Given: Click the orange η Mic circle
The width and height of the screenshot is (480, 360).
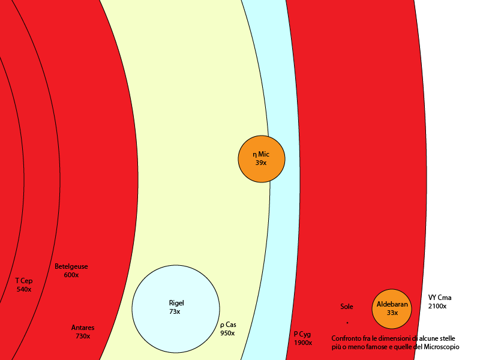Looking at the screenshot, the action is click(262, 159).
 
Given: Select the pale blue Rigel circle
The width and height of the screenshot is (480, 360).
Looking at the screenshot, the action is click(176, 309).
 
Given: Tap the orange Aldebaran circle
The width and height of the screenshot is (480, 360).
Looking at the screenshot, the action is click(392, 309).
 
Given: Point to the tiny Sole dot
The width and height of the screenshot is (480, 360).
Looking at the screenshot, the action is click(347, 323).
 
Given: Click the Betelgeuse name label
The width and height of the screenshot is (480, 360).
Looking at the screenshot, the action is click(71, 266).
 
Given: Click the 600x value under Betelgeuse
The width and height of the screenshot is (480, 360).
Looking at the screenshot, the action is click(71, 275).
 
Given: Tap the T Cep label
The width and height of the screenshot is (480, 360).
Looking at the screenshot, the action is click(24, 281).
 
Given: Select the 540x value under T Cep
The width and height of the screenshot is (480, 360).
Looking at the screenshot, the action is click(24, 289).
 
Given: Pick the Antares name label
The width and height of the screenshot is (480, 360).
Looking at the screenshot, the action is click(83, 328).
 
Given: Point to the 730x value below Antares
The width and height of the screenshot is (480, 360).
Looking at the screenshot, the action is click(83, 336).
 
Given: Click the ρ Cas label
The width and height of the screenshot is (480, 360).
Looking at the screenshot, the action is click(228, 325).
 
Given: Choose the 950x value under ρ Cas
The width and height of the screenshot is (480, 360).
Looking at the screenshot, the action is click(227, 333).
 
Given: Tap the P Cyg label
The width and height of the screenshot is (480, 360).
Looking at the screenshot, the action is click(302, 334).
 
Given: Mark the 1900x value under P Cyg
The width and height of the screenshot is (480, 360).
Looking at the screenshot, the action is click(303, 343).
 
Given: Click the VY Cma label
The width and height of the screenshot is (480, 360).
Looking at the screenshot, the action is click(440, 298).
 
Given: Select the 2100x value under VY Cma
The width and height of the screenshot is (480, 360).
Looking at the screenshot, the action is click(437, 306).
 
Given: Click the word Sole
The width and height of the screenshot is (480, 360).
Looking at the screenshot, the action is click(347, 307).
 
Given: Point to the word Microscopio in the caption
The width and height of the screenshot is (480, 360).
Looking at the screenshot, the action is click(442, 347).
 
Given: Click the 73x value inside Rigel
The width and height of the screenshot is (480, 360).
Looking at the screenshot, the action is click(175, 311).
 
